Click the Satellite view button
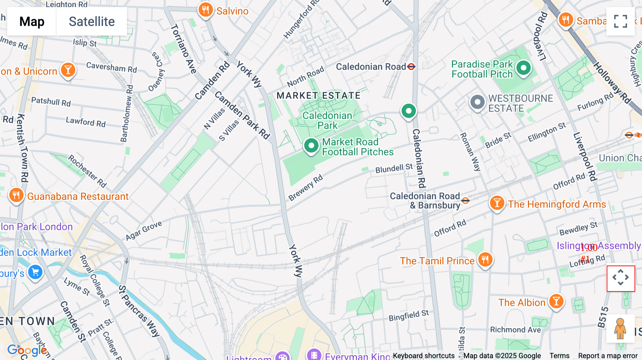[x=92, y=21]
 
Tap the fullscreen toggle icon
[x=621, y=21]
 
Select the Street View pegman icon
[x=620, y=329]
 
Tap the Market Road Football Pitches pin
[x=311, y=145]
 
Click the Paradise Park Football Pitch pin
[x=524, y=68]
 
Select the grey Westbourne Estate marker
[x=477, y=102]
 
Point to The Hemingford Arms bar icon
[x=497, y=203]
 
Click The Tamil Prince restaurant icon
[x=485, y=259]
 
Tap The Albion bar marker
[x=556, y=301]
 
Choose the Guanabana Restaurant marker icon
[x=16, y=195]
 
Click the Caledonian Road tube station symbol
[x=411, y=67]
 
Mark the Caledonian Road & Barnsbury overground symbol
[x=465, y=201]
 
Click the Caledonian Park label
[x=327, y=120]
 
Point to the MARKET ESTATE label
[x=319, y=96]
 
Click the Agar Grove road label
[x=144, y=231]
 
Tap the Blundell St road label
[x=394, y=168]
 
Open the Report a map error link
[x=608, y=356]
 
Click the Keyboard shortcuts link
[x=424, y=356]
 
